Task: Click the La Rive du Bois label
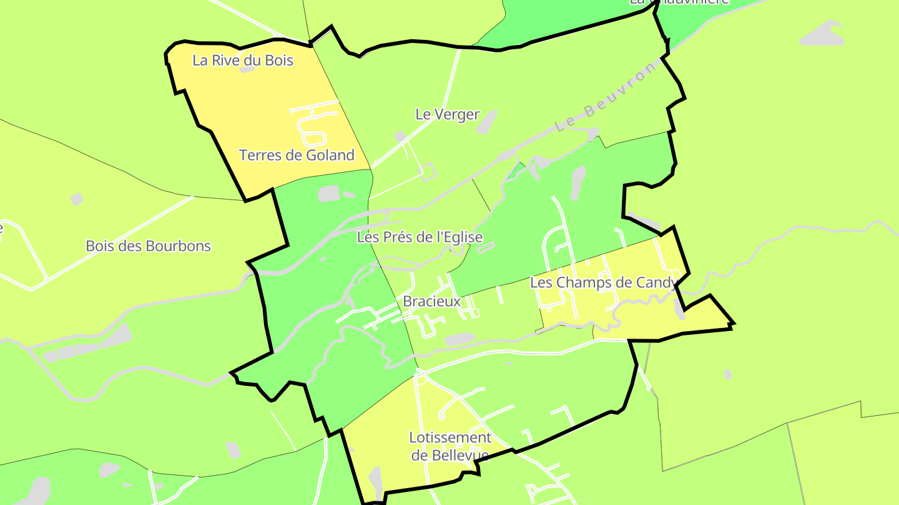[x=243, y=60]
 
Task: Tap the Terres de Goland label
[x=297, y=155]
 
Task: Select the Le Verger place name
[x=447, y=114]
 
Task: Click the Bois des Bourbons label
[x=148, y=246]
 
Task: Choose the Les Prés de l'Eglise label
[x=420, y=238]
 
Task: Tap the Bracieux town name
[x=431, y=302]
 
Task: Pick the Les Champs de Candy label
[x=602, y=282]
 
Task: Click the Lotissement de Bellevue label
[x=449, y=446]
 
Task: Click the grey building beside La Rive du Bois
[x=247, y=69]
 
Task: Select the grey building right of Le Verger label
[x=486, y=122]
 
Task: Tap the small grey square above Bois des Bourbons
[x=77, y=199]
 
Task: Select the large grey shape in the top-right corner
[x=823, y=34]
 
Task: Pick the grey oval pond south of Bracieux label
[x=461, y=339]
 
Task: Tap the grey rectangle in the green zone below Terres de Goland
[x=328, y=193]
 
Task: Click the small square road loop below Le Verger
[x=428, y=171]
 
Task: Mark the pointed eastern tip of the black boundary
[x=733, y=324]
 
